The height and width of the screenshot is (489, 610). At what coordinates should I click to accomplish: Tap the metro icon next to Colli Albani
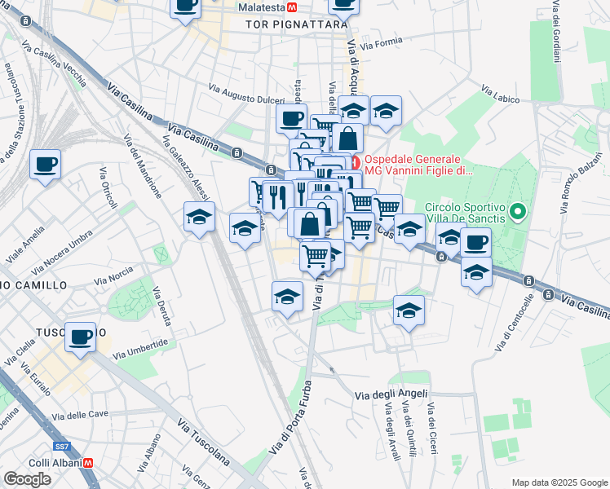pos(88,462)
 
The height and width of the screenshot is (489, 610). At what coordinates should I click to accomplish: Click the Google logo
pos(27,479)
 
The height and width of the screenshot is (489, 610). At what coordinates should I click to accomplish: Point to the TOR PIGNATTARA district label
pos(290,25)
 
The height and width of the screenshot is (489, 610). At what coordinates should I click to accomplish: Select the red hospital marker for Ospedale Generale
pos(356,160)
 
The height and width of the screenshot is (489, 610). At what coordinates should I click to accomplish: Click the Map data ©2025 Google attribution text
pos(559,482)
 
